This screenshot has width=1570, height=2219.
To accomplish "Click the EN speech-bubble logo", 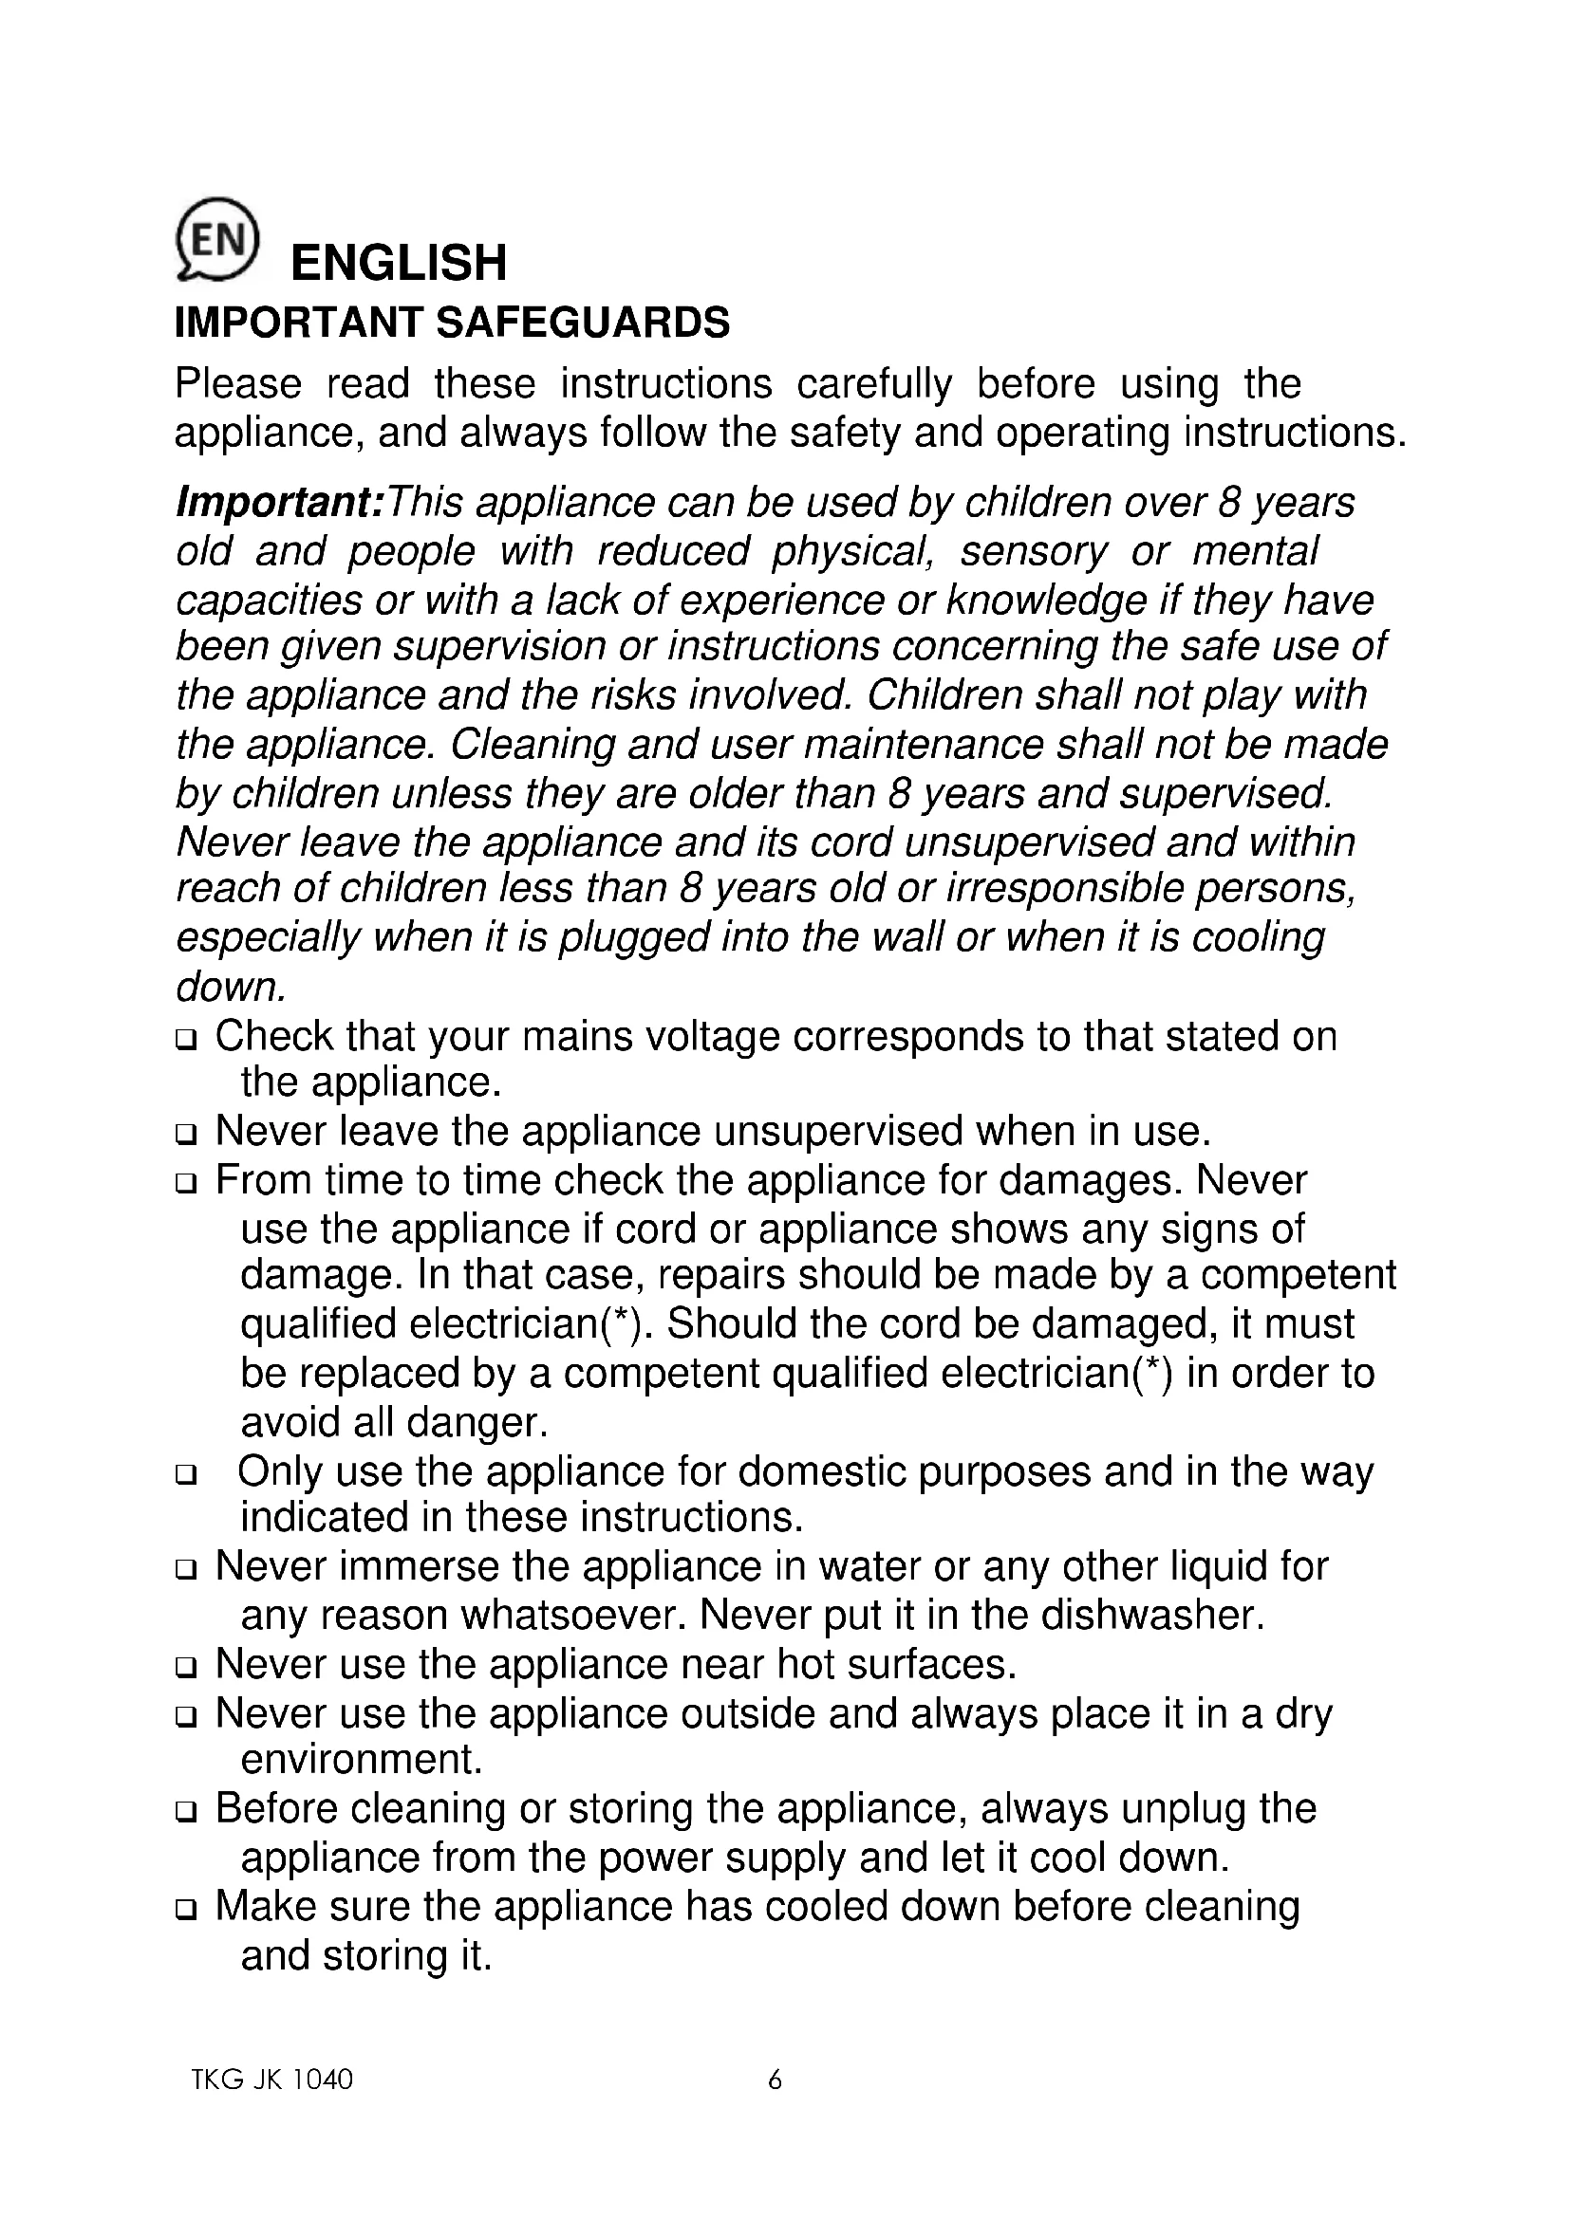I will tap(216, 240).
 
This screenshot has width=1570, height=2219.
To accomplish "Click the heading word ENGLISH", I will tap(399, 263).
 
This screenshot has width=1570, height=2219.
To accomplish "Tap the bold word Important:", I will tap(279, 503).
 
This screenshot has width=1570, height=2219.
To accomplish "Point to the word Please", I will tap(238, 384).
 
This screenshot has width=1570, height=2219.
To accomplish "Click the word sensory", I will tap(1033, 552).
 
